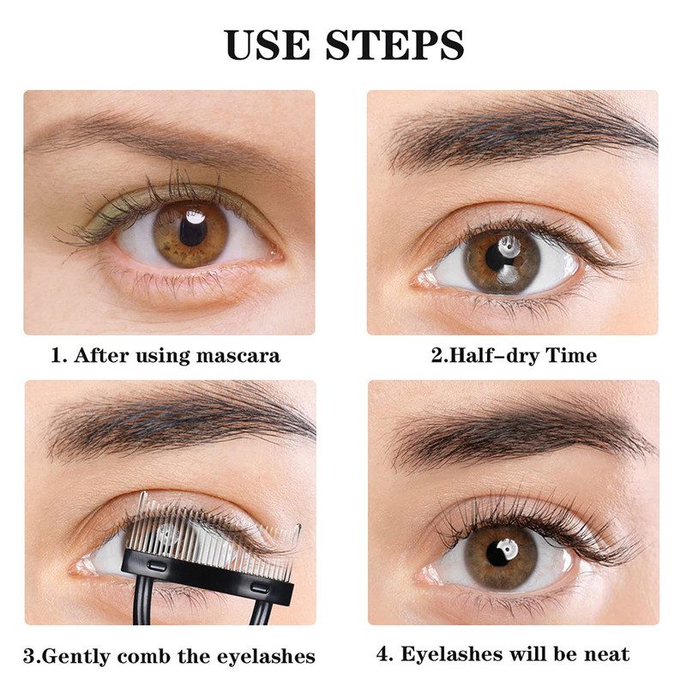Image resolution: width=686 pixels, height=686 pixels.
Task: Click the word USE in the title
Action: pyautogui.click(x=268, y=45)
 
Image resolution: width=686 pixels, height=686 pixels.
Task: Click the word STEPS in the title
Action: pyautogui.click(x=394, y=45)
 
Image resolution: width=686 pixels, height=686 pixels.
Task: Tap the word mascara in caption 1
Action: pyautogui.click(x=238, y=355)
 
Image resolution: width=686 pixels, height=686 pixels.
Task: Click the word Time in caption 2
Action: pyautogui.click(x=571, y=354)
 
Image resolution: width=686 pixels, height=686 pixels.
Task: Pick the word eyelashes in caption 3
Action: pyautogui.click(x=266, y=657)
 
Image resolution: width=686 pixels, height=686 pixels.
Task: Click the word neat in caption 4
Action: pyautogui.click(x=607, y=654)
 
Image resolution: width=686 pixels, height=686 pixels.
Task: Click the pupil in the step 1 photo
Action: pyautogui.click(x=193, y=231)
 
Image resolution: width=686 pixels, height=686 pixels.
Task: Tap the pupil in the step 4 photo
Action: pyautogui.click(x=499, y=553)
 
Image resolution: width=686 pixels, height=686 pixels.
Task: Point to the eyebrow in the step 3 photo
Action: pyautogui.click(x=179, y=422)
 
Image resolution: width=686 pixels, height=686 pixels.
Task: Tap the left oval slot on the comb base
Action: pyautogui.click(x=157, y=567)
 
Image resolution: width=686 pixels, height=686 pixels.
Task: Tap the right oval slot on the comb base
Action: pyautogui.click(x=260, y=588)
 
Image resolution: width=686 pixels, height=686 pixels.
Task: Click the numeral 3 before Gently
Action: pyautogui.click(x=29, y=657)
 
